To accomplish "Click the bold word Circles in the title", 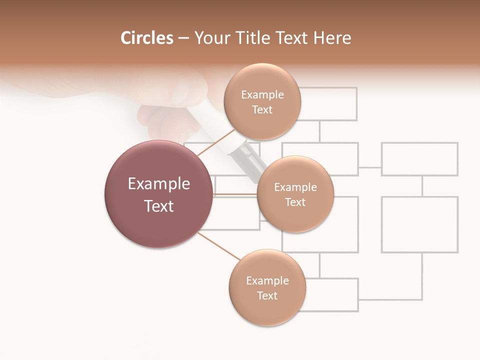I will click(x=147, y=38).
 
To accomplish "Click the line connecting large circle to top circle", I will click(x=216, y=141).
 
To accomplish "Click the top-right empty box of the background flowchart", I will click(x=420, y=159).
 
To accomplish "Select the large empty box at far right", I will click(x=420, y=224).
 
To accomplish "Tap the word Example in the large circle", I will click(x=159, y=184).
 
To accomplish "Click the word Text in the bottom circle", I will click(x=267, y=295).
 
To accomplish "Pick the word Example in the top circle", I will click(x=262, y=95).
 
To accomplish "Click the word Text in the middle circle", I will click(x=295, y=202).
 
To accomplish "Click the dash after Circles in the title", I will click(x=183, y=38).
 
